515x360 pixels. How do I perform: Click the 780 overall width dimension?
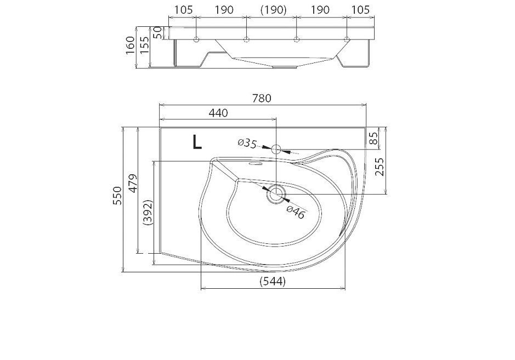point(262,98)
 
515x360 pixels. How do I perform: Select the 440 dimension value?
point(218,113)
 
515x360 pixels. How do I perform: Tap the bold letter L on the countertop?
point(197,142)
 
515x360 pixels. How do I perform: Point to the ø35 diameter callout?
point(247,143)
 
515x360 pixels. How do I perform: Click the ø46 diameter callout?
point(296,213)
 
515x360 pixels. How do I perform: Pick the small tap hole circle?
point(275,150)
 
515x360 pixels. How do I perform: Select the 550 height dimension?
point(117,196)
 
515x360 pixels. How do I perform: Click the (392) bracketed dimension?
point(148,212)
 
